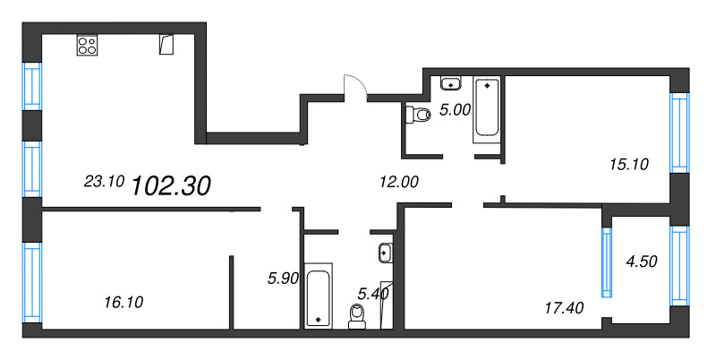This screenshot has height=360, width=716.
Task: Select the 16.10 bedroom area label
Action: [x=123, y=302]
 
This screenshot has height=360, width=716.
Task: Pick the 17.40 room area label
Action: [x=563, y=308]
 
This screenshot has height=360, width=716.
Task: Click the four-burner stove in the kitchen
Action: [x=88, y=46]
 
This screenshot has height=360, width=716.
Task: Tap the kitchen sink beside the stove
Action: [x=166, y=44]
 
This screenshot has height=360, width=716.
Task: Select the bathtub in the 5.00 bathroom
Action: [x=487, y=107]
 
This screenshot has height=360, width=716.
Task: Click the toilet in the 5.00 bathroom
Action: [x=416, y=115]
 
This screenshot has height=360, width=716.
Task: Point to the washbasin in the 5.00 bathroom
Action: [x=453, y=84]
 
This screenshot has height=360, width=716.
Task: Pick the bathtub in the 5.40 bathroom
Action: [x=318, y=295]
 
